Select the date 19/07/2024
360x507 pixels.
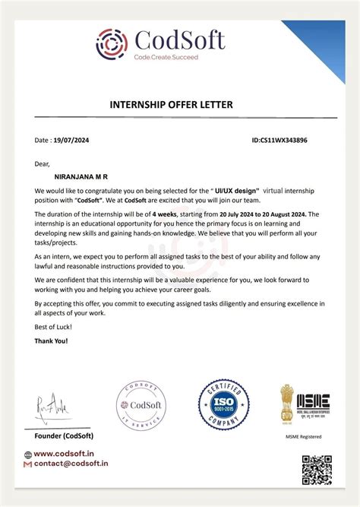73,141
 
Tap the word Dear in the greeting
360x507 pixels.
42,163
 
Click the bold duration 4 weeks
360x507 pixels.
166,215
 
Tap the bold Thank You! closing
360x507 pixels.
51,341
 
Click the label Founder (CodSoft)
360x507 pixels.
64,436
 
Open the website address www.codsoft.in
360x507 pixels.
67,454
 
